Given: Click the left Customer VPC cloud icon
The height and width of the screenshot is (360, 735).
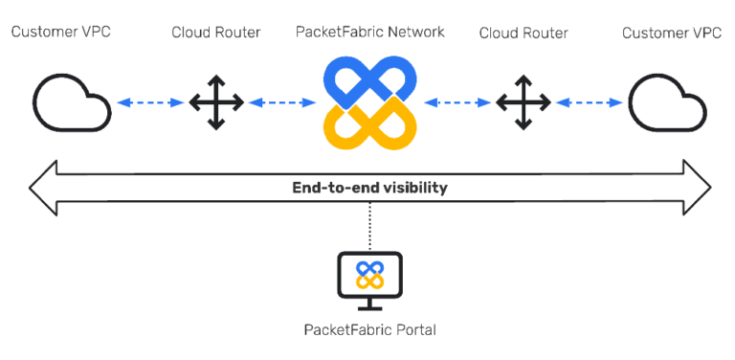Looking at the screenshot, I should [x=72, y=101].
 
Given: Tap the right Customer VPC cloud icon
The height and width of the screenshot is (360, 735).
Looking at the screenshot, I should [x=665, y=101].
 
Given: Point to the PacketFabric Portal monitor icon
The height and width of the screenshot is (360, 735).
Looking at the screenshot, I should [x=369, y=278].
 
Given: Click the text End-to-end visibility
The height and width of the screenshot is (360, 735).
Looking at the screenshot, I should [x=369, y=188].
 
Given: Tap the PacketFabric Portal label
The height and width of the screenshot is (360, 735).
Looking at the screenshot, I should [x=369, y=329].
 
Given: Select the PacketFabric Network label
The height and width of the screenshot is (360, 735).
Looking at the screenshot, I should [x=369, y=32].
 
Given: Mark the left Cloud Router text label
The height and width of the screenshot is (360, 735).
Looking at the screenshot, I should [x=215, y=33].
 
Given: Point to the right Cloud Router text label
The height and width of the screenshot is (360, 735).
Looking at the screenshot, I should [x=523, y=33].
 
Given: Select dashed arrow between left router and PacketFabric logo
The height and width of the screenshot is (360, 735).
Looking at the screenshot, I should [x=281, y=101].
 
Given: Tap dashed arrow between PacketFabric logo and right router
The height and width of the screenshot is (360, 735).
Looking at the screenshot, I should [x=457, y=101].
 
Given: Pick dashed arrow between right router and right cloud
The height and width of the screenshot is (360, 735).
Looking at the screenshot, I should [x=588, y=101].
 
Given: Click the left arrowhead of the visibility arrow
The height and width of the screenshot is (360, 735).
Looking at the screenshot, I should [x=44, y=188].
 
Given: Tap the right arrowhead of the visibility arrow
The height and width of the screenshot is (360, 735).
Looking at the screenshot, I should [x=696, y=188].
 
